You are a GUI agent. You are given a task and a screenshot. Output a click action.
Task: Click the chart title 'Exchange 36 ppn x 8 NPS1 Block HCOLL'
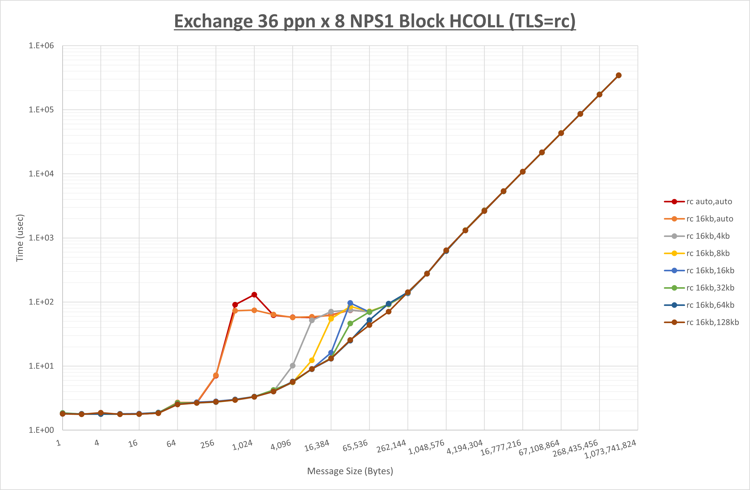pos(375,21)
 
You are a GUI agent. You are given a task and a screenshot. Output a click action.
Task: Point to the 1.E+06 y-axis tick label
pos(41,46)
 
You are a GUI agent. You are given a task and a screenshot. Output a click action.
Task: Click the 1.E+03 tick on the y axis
pos(41,238)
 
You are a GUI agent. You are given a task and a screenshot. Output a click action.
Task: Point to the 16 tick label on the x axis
pos(133,444)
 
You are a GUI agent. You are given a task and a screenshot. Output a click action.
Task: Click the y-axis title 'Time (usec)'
pos(20,238)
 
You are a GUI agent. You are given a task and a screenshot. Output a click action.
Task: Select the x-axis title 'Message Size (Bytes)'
pos(350,471)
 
